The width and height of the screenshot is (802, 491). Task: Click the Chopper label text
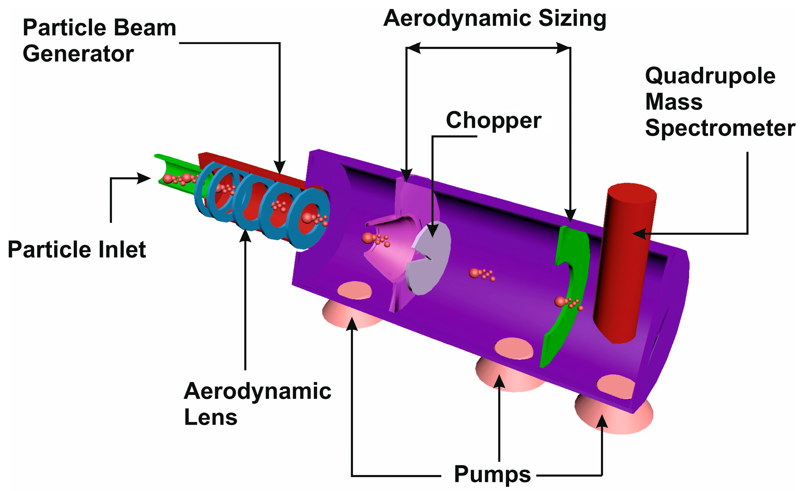tap(493, 121)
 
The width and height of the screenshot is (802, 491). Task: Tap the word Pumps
tap(492, 475)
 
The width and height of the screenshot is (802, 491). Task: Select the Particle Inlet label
tap(77, 250)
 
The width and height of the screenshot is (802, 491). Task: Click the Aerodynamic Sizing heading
tap(495, 19)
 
